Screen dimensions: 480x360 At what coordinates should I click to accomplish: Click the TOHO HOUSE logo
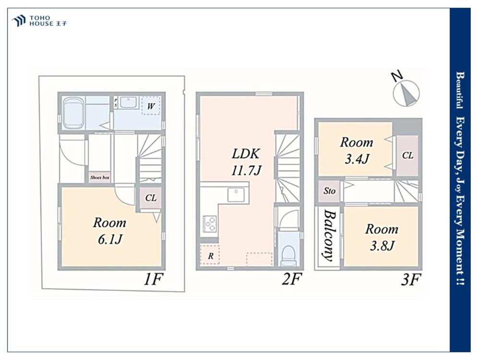coord(39,21)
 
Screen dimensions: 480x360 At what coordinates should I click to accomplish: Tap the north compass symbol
coord(406,90)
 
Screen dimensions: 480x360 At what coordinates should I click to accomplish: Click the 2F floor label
coord(292,279)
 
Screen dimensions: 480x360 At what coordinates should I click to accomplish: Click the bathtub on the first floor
coord(73,114)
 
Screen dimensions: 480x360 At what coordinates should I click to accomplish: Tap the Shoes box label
coord(100,178)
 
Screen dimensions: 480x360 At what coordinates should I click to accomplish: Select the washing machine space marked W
coord(151,106)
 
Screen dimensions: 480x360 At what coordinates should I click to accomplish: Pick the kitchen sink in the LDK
coord(236,195)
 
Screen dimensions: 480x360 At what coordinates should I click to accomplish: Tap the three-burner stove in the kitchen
coord(210,223)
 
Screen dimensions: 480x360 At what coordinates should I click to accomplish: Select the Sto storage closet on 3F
coord(329,191)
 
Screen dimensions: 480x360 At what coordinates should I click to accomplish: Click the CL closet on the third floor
coord(408,156)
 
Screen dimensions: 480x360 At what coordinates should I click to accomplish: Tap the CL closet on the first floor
coord(151,198)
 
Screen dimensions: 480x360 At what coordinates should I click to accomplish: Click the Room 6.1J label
coord(109,231)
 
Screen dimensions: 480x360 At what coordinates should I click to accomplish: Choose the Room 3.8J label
coord(382,237)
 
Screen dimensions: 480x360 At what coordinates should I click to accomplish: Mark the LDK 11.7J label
coord(246,162)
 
